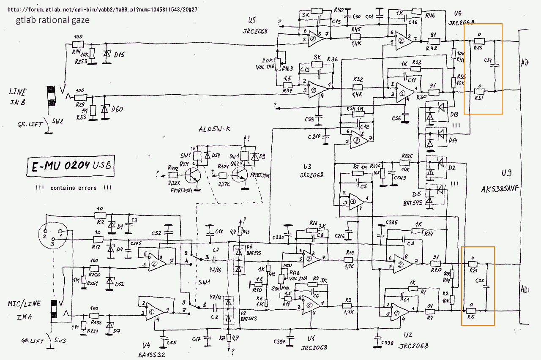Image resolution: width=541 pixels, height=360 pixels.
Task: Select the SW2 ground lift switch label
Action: tap(56, 121)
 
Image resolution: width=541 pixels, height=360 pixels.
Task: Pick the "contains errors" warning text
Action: tap(74, 188)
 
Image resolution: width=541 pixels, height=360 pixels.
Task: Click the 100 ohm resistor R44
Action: tap(78, 44)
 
